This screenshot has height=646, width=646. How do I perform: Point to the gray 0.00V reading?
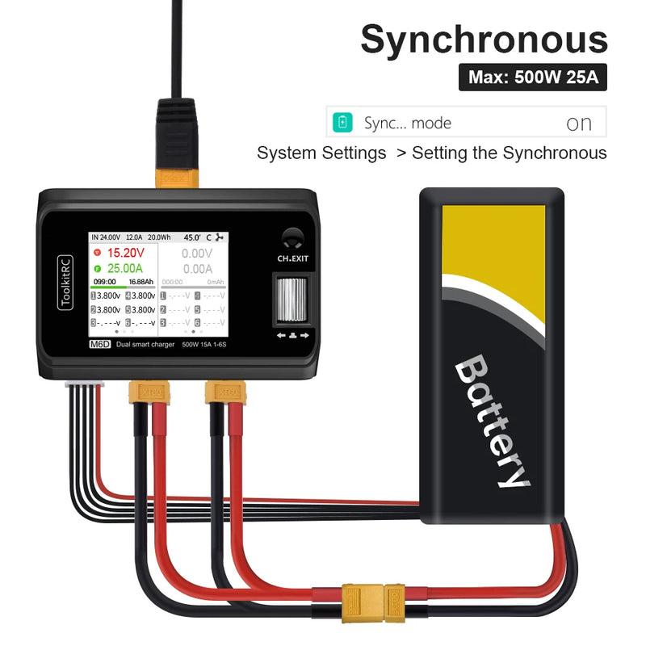tap(197, 253)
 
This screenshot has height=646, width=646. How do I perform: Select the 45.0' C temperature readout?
tap(193, 237)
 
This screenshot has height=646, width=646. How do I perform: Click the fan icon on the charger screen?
tap(220, 237)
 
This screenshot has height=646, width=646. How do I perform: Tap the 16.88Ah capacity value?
tap(141, 282)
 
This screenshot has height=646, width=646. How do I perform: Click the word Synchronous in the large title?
tap(484, 40)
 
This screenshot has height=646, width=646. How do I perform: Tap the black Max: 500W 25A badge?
tap(533, 78)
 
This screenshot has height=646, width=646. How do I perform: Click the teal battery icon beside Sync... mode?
tap(344, 123)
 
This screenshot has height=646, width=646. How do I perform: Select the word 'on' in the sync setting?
tap(579, 124)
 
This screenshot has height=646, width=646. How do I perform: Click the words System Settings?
tap(321, 153)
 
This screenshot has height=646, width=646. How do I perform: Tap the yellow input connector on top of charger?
tap(175, 174)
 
